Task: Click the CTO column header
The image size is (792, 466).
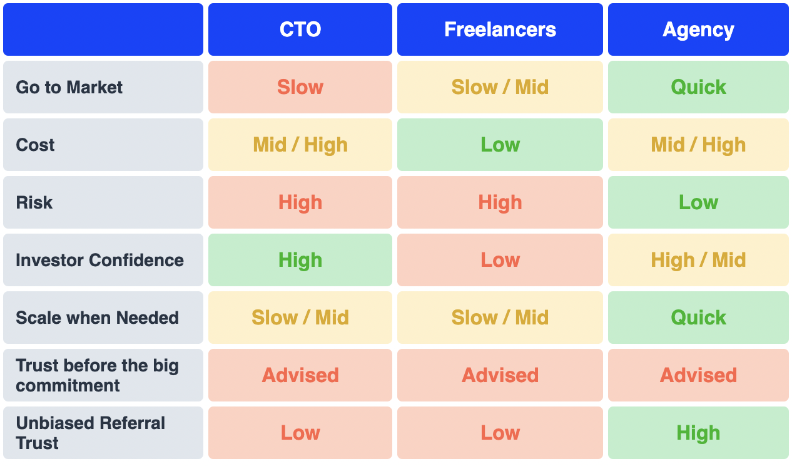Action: click(300, 29)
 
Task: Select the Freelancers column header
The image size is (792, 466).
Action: click(500, 29)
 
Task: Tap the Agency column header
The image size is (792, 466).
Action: click(698, 29)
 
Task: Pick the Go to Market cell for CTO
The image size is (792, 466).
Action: click(300, 87)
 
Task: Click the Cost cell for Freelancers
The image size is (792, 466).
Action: click(500, 145)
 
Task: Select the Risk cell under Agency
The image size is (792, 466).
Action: click(698, 202)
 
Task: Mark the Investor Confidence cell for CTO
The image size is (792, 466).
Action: click(300, 260)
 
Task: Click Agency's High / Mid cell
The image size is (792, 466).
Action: click(698, 260)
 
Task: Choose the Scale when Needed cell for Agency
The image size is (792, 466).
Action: click(698, 318)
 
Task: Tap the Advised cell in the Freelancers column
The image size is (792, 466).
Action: click(500, 375)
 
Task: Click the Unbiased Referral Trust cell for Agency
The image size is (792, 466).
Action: click(698, 433)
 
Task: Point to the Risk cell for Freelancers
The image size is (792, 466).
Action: click(500, 202)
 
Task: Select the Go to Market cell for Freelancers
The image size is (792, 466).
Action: click(500, 87)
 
